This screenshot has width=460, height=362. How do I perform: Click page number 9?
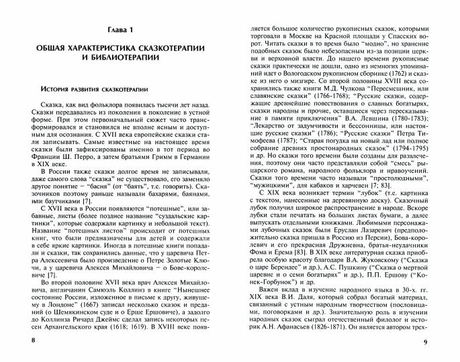(x=443, y=343)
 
